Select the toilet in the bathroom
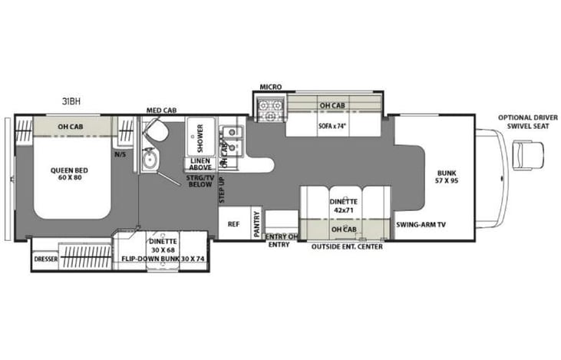156,131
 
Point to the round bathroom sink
150,161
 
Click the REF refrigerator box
233,225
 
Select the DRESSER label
47,259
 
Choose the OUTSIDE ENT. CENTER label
347,246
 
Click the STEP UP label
220,189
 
